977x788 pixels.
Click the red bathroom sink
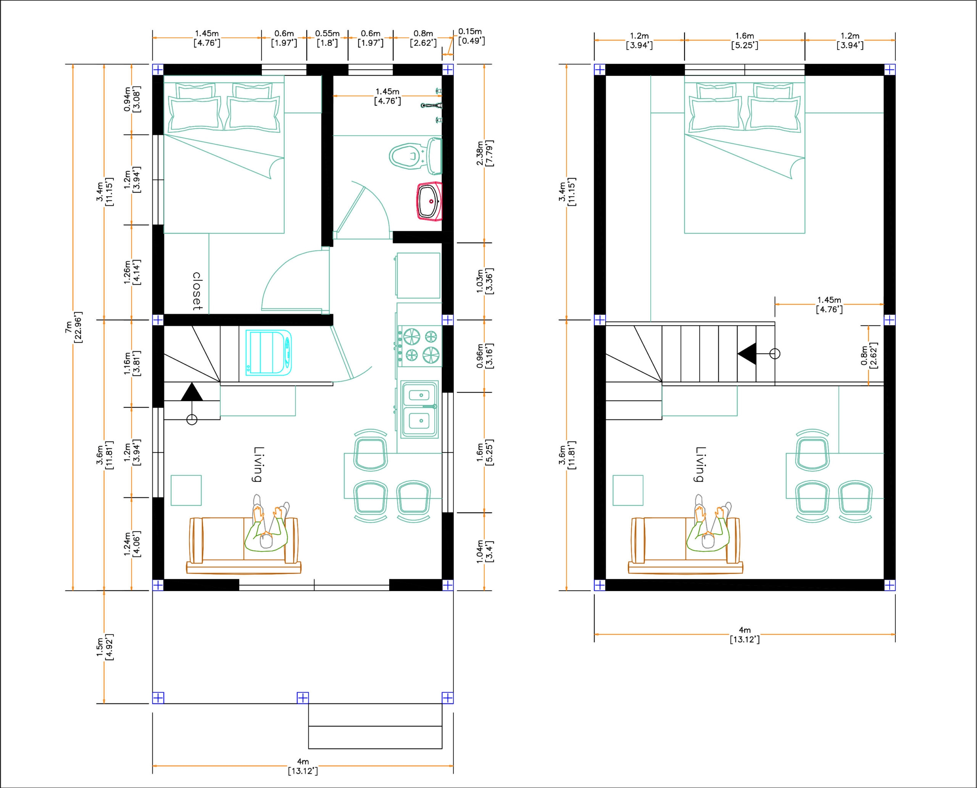click(x=429, y=201)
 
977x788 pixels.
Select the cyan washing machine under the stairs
click(x=268, y=353)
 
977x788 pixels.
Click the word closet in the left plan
click(x=197, y=291)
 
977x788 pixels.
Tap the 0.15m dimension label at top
click(x=470, y=36)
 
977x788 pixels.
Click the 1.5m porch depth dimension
click(x=105, y=647)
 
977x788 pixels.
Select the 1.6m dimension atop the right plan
click(x=744, y=40)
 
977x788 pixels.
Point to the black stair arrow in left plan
click(x=192, y=392)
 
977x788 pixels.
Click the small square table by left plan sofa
click(x=186, y=490)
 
